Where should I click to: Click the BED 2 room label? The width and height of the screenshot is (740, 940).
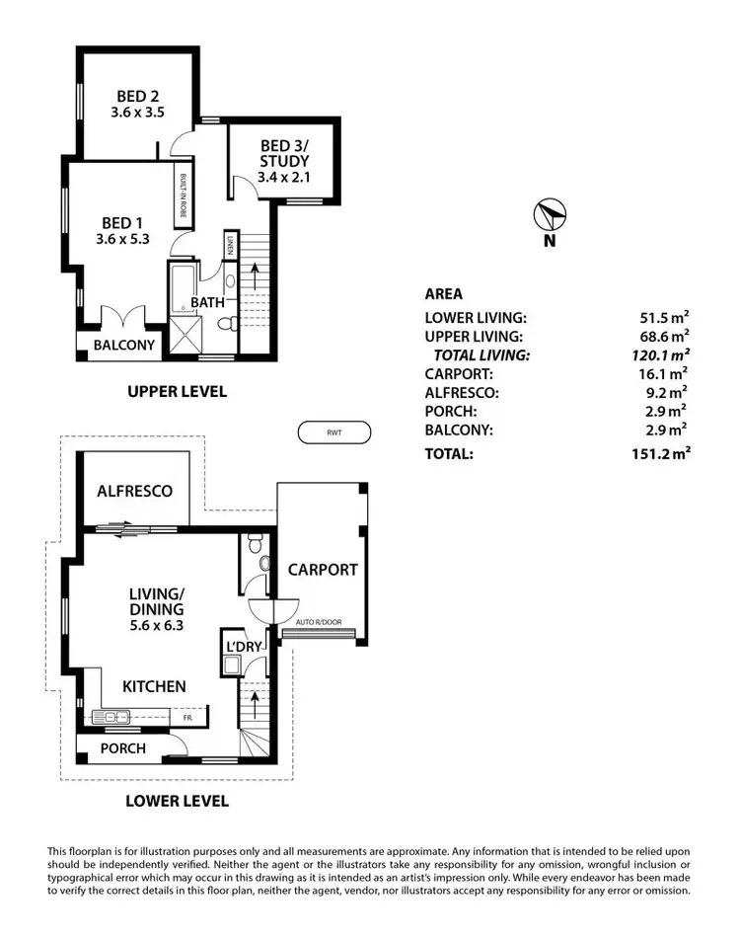[139, 96]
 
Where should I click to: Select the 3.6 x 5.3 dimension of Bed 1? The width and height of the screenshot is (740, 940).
[122, 238]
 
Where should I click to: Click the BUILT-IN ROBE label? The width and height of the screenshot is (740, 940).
[183, 191]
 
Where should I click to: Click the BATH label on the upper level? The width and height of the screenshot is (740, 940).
[208, 302]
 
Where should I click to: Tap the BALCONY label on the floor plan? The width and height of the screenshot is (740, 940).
[124, 346]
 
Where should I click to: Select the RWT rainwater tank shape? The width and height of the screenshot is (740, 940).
[333, 432]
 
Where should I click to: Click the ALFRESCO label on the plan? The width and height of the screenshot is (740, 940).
[135, 491]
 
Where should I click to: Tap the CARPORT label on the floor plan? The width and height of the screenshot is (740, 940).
[323, 570]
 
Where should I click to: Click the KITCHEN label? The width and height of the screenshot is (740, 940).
[154, 686]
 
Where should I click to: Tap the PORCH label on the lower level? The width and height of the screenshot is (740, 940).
[122, 748]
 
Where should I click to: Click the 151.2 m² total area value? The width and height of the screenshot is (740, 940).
[660, 454]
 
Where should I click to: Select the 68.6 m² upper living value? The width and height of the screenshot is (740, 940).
[664, 337]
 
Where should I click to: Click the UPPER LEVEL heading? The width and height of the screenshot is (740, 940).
[177, 392]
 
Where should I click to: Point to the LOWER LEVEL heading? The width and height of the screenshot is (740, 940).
[179, 801]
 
